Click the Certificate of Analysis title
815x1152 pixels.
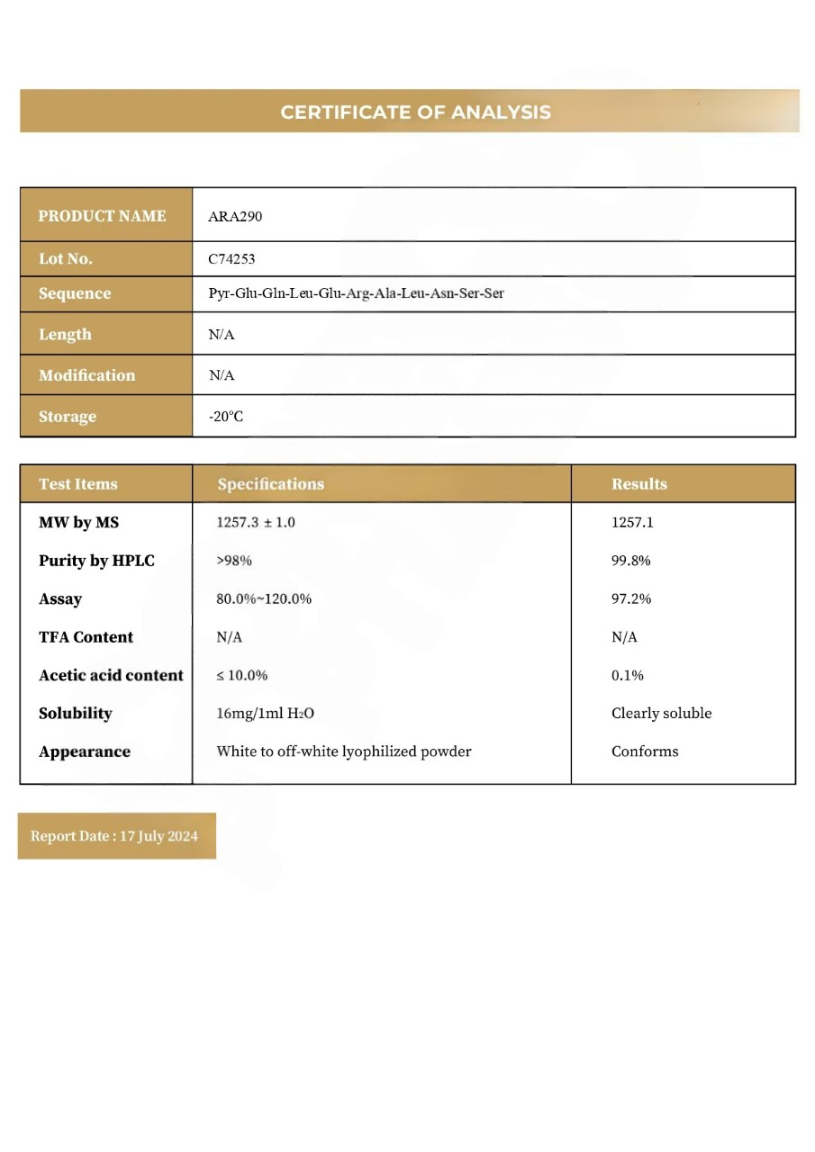pos(415,112)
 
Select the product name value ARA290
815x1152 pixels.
pos(235,216)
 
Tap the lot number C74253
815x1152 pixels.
pos(231,259)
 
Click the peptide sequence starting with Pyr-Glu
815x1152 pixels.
pos(356,293)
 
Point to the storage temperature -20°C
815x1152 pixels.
pos(226,417)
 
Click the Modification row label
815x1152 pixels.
pos(86,375)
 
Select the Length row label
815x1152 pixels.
pos(65,334)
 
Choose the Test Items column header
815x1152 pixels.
pos(78,484)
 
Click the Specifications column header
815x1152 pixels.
pos(270,484)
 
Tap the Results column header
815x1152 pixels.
pos(639,484)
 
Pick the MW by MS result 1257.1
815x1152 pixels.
pos(632,522)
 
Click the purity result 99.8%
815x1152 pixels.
pos(630,561)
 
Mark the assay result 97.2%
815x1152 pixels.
pos(630,598)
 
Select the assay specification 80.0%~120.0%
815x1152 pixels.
pos(264,598)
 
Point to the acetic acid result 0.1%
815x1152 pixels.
pos(628,675)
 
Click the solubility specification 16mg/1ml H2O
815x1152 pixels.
pos(265,714)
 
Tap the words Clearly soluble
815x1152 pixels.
pos(661,714)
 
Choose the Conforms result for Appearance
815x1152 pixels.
pos(645,751)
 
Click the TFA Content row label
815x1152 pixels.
pos(86,637)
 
